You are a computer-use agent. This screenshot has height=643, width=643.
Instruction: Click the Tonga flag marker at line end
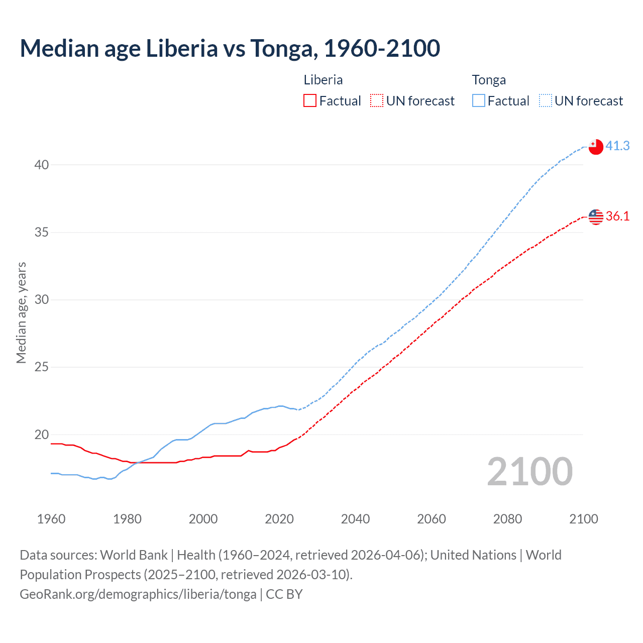click(x=595, y=147)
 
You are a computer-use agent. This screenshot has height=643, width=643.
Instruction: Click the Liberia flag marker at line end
click(x=595, y=217)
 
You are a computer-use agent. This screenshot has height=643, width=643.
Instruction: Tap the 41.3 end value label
click(x=617, y=146)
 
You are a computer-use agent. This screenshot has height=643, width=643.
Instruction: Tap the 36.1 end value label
click(x=617, y=216)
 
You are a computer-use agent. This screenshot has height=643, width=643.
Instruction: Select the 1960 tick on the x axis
click(x=51, y=519)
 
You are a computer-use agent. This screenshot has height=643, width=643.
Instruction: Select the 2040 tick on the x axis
click(x=355, y=519)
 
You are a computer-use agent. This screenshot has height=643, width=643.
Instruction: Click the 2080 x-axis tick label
click(x=507, y=519)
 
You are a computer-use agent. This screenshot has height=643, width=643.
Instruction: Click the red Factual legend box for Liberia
click(x=310, y=101)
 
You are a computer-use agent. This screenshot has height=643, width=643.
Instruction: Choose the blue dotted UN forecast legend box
click(x=546, y=101)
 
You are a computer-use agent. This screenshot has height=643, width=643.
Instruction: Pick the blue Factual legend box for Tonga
click(x=479, y=101)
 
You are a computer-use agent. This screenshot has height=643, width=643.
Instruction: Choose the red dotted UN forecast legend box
click(x=377, y=101)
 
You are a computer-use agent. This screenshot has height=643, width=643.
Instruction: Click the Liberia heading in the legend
click(x=323, y=80)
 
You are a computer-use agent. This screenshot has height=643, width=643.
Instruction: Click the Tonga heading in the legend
click(x=489, y=80)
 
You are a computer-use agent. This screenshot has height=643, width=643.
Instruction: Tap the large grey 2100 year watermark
click(x=529, y=472)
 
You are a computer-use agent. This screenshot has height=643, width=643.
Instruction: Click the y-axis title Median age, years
click(x=21, y=312)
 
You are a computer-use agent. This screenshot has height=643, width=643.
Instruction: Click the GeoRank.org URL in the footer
click(x=138, y=594)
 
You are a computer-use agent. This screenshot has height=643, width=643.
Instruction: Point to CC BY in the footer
click(x=284, y=594)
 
